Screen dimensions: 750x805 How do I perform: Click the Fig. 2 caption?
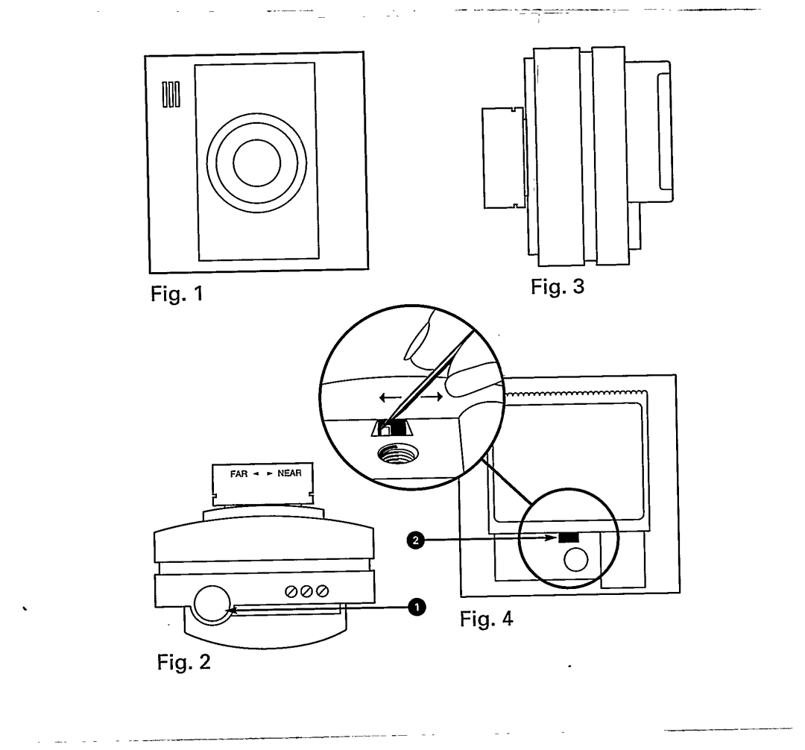180,660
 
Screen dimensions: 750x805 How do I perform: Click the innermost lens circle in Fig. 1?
256,163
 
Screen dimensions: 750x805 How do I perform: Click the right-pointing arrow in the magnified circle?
433,397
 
